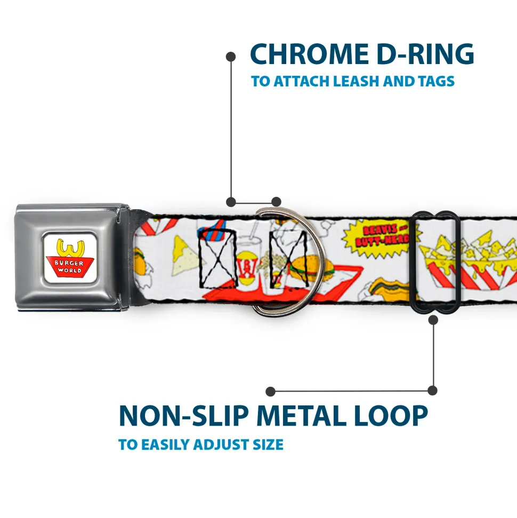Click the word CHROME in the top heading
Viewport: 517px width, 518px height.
point(305,54)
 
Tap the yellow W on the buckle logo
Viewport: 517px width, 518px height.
point(70,248)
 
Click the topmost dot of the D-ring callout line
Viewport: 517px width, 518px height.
point(231,55)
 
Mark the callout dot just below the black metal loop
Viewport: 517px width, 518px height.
point(433,320)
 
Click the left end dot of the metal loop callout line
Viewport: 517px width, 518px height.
point(271,392)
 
